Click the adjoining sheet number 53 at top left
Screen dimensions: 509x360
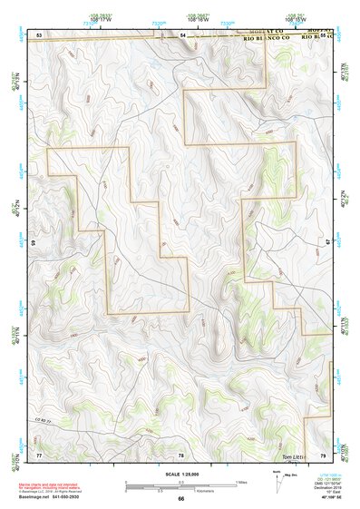pos(39,34)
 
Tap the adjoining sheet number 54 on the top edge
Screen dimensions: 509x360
pos(181,34)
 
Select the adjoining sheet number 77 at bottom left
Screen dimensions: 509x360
pos(39,453)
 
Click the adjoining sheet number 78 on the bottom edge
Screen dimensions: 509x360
pos(180,454)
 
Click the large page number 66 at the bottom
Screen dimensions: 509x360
pos(180,499)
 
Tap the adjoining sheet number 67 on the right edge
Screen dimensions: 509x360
pos(328,243)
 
